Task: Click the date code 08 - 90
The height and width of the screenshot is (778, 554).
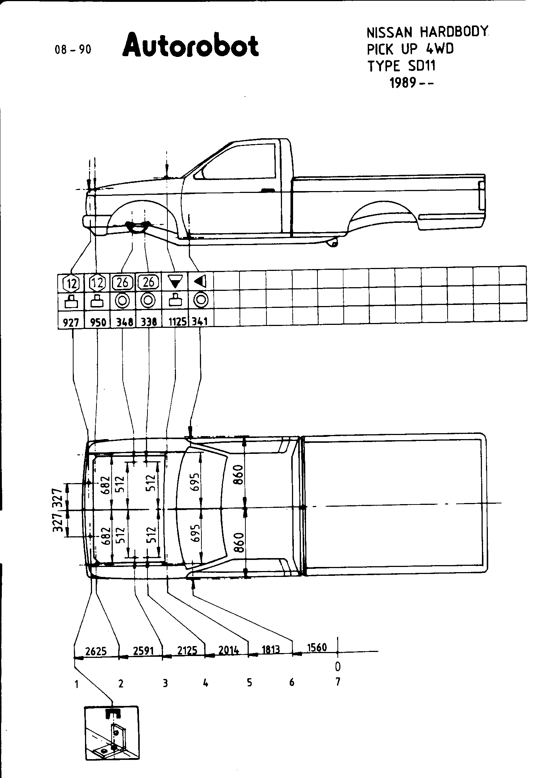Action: [73, 49]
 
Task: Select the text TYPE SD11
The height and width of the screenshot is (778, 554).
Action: [401, 66]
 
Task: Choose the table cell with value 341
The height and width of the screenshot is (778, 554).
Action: [200, 322]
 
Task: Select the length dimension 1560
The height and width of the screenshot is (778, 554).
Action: [317, 647]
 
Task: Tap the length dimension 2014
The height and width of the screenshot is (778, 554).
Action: [228, 650]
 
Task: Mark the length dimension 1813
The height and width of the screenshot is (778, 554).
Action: [271, 649]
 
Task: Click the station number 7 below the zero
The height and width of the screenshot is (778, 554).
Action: [337, 682]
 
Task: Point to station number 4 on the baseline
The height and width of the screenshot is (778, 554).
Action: [205, 683]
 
